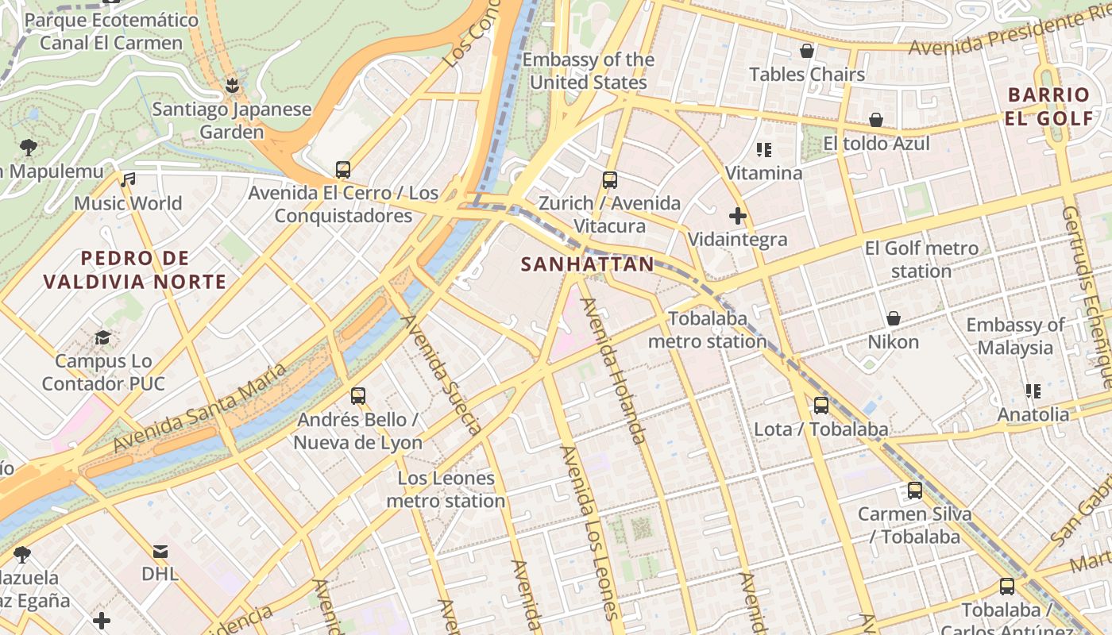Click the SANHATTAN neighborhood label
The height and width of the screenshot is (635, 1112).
[x=588, y=264]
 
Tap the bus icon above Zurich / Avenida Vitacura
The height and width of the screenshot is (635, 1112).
[x=609, y=180]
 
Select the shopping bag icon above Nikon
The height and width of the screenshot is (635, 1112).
[x=893, y=318]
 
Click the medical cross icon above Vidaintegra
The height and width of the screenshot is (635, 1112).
[x=738, y=215]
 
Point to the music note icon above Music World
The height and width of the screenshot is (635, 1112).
[x=128, y=180]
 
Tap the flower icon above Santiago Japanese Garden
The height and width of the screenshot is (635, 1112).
[x=232, y=84]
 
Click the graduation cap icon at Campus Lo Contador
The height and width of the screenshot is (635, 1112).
[x=102, y=338]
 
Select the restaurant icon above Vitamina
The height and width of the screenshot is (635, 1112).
[x=764, y=149]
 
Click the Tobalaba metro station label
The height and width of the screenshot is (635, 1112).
[x=708, y=330]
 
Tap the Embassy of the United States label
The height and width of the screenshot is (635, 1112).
[x=589, y=71]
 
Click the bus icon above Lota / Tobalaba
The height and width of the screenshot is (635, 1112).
[x=820, y=406]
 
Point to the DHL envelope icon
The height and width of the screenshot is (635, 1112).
[x=160, y=551]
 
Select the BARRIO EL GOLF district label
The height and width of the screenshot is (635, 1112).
[x=1049, y=106]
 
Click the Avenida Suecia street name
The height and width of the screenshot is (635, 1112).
[x=442, y=375]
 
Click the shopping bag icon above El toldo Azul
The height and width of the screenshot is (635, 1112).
[x=875, y=120]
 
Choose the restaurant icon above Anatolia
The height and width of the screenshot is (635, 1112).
[x=1033, y=391]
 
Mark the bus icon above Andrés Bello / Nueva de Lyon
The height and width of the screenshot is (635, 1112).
[x=357, y=395]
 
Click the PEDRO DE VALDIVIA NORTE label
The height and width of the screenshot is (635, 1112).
[x=135, y=270]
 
